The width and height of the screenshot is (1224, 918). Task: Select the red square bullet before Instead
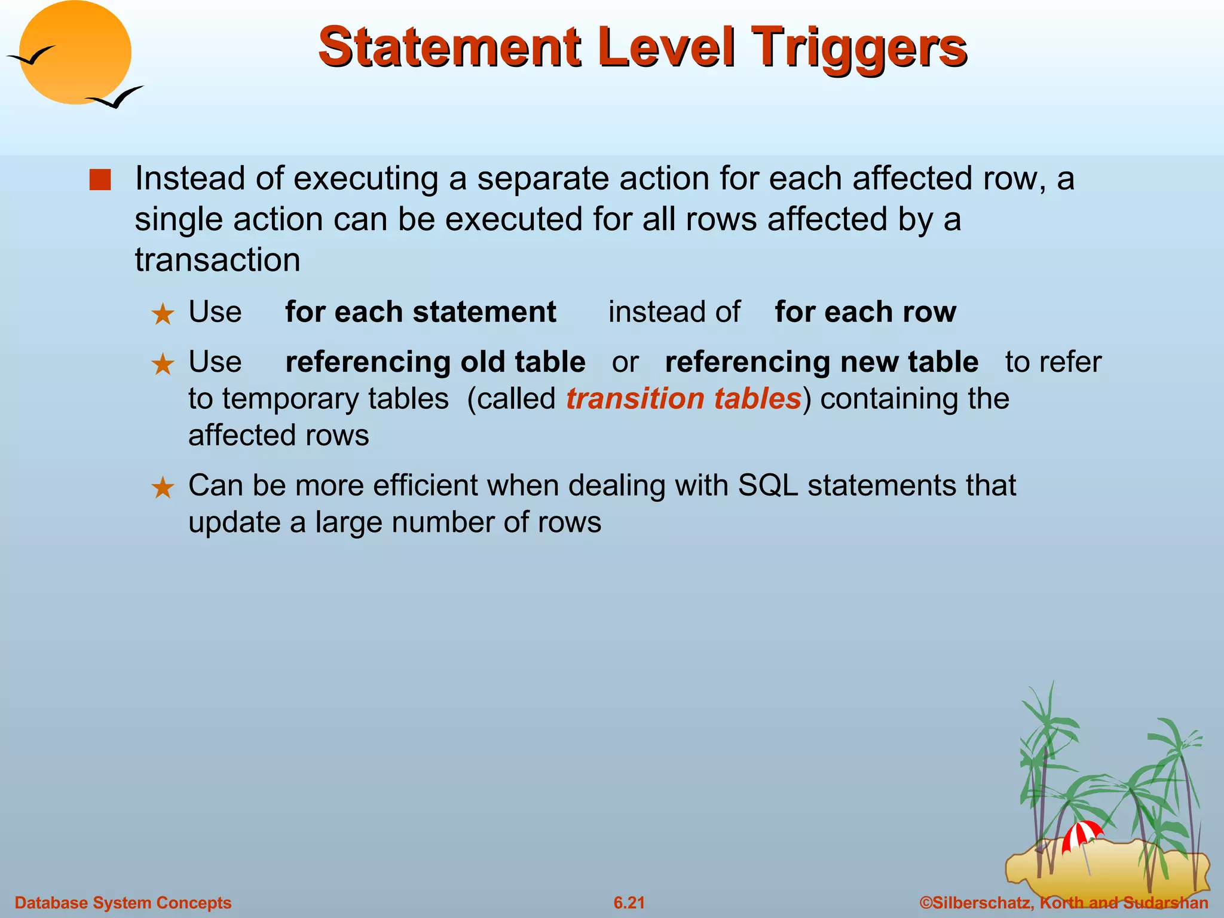coord(100,180)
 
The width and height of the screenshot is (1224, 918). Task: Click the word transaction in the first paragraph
coord(218,260)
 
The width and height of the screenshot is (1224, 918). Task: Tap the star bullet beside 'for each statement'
coord(163,314)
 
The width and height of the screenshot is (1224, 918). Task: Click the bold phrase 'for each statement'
coord(420,312)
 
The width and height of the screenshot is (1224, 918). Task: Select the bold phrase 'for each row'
coord(865,312)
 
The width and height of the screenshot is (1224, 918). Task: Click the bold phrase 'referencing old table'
coord(435,362)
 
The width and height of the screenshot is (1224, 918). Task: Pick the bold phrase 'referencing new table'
coord(821,362)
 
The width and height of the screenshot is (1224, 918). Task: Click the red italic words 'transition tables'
coord(683,399)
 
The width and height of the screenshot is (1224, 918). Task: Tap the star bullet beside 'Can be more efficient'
coord(163,488)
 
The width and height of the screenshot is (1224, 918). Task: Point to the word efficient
coord(426,485)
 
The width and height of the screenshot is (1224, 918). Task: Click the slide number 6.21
coord(629,902)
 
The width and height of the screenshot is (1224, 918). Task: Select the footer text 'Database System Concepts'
coord(123,902)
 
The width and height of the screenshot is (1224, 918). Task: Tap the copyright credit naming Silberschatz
coord(1063,902)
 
